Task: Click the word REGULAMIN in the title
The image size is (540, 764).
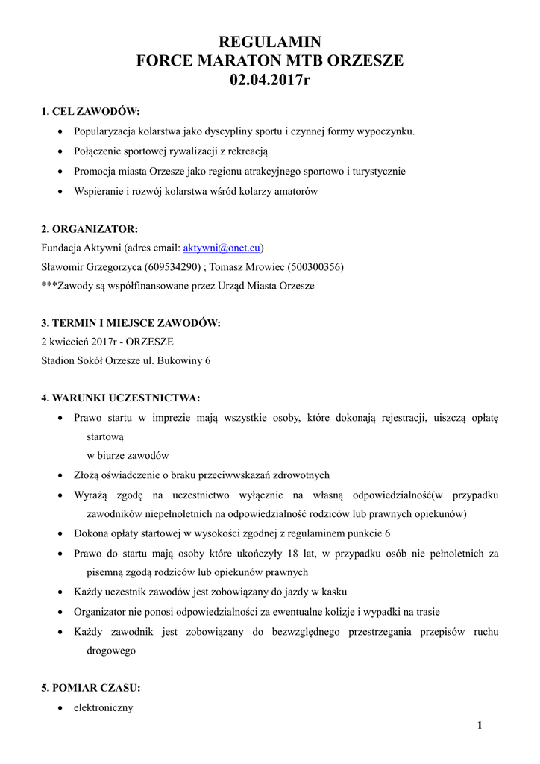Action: [269, 43]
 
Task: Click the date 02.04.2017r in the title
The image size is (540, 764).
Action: [269, 80]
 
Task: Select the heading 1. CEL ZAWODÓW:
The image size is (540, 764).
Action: [90, 112]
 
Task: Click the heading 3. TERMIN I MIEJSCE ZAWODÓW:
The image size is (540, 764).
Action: [131, 323]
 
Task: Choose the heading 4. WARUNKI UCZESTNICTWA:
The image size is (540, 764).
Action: [120, 398]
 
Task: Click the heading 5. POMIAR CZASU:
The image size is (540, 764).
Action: [90, 688]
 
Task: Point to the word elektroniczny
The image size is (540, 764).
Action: [103, 707]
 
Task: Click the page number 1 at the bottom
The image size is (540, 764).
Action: [480, 725]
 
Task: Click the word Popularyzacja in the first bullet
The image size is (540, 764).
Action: [107, 131]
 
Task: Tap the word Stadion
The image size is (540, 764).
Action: [59, 361]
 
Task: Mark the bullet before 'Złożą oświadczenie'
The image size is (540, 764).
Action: [60, 475]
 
